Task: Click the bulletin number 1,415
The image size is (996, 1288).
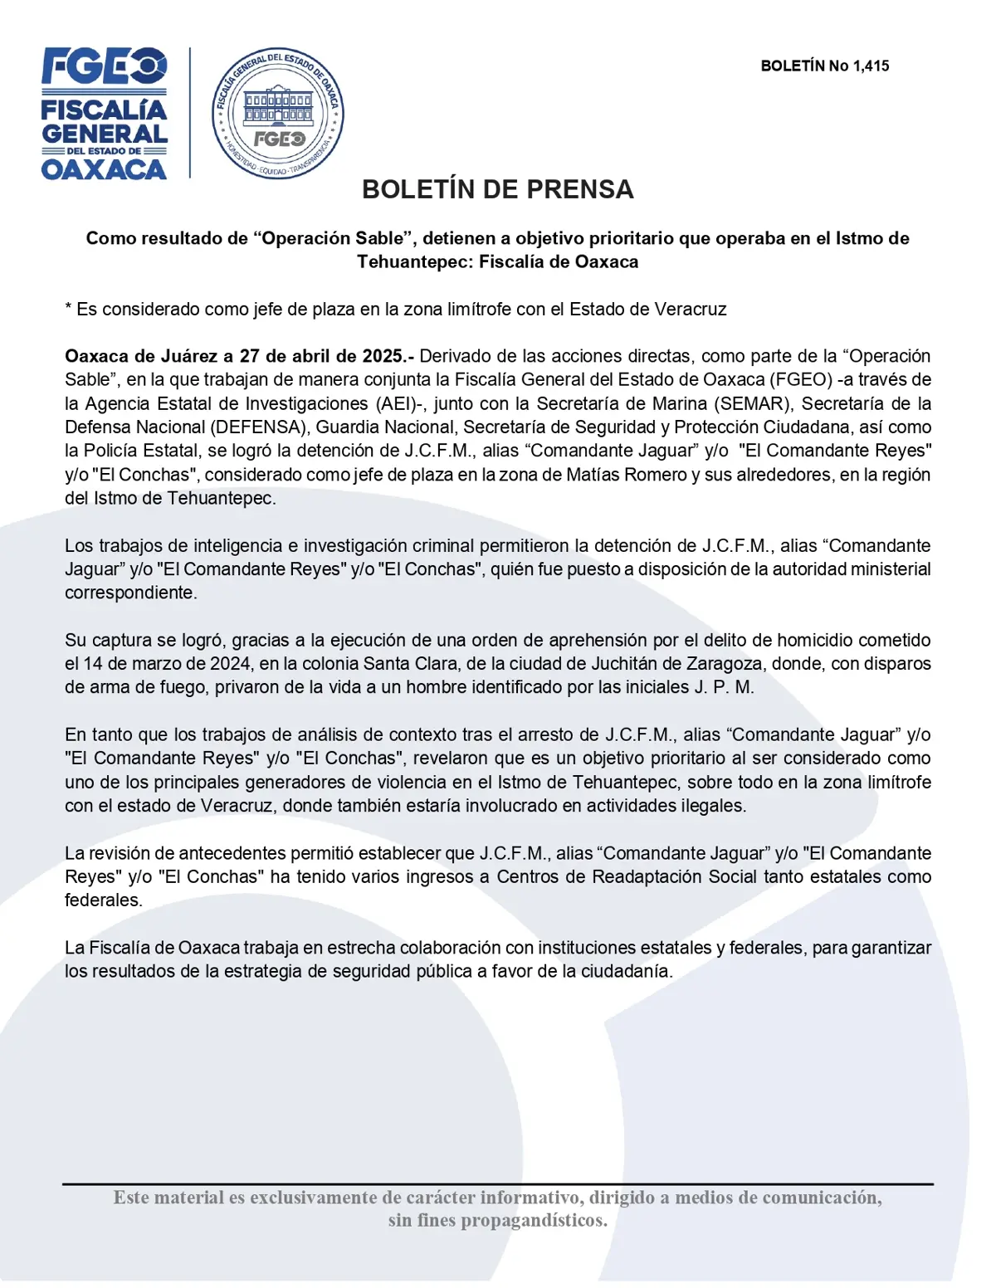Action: click(871, 66)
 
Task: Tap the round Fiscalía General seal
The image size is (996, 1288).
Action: click(278, 113)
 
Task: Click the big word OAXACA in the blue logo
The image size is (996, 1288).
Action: click(104, 169)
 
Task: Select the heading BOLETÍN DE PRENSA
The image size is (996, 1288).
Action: click(497, 189)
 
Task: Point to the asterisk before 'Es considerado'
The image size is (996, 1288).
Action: click(69, 308)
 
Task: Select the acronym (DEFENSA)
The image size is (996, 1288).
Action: click(260, 427)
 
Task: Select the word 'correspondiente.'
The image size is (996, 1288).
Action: click(131, 593)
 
